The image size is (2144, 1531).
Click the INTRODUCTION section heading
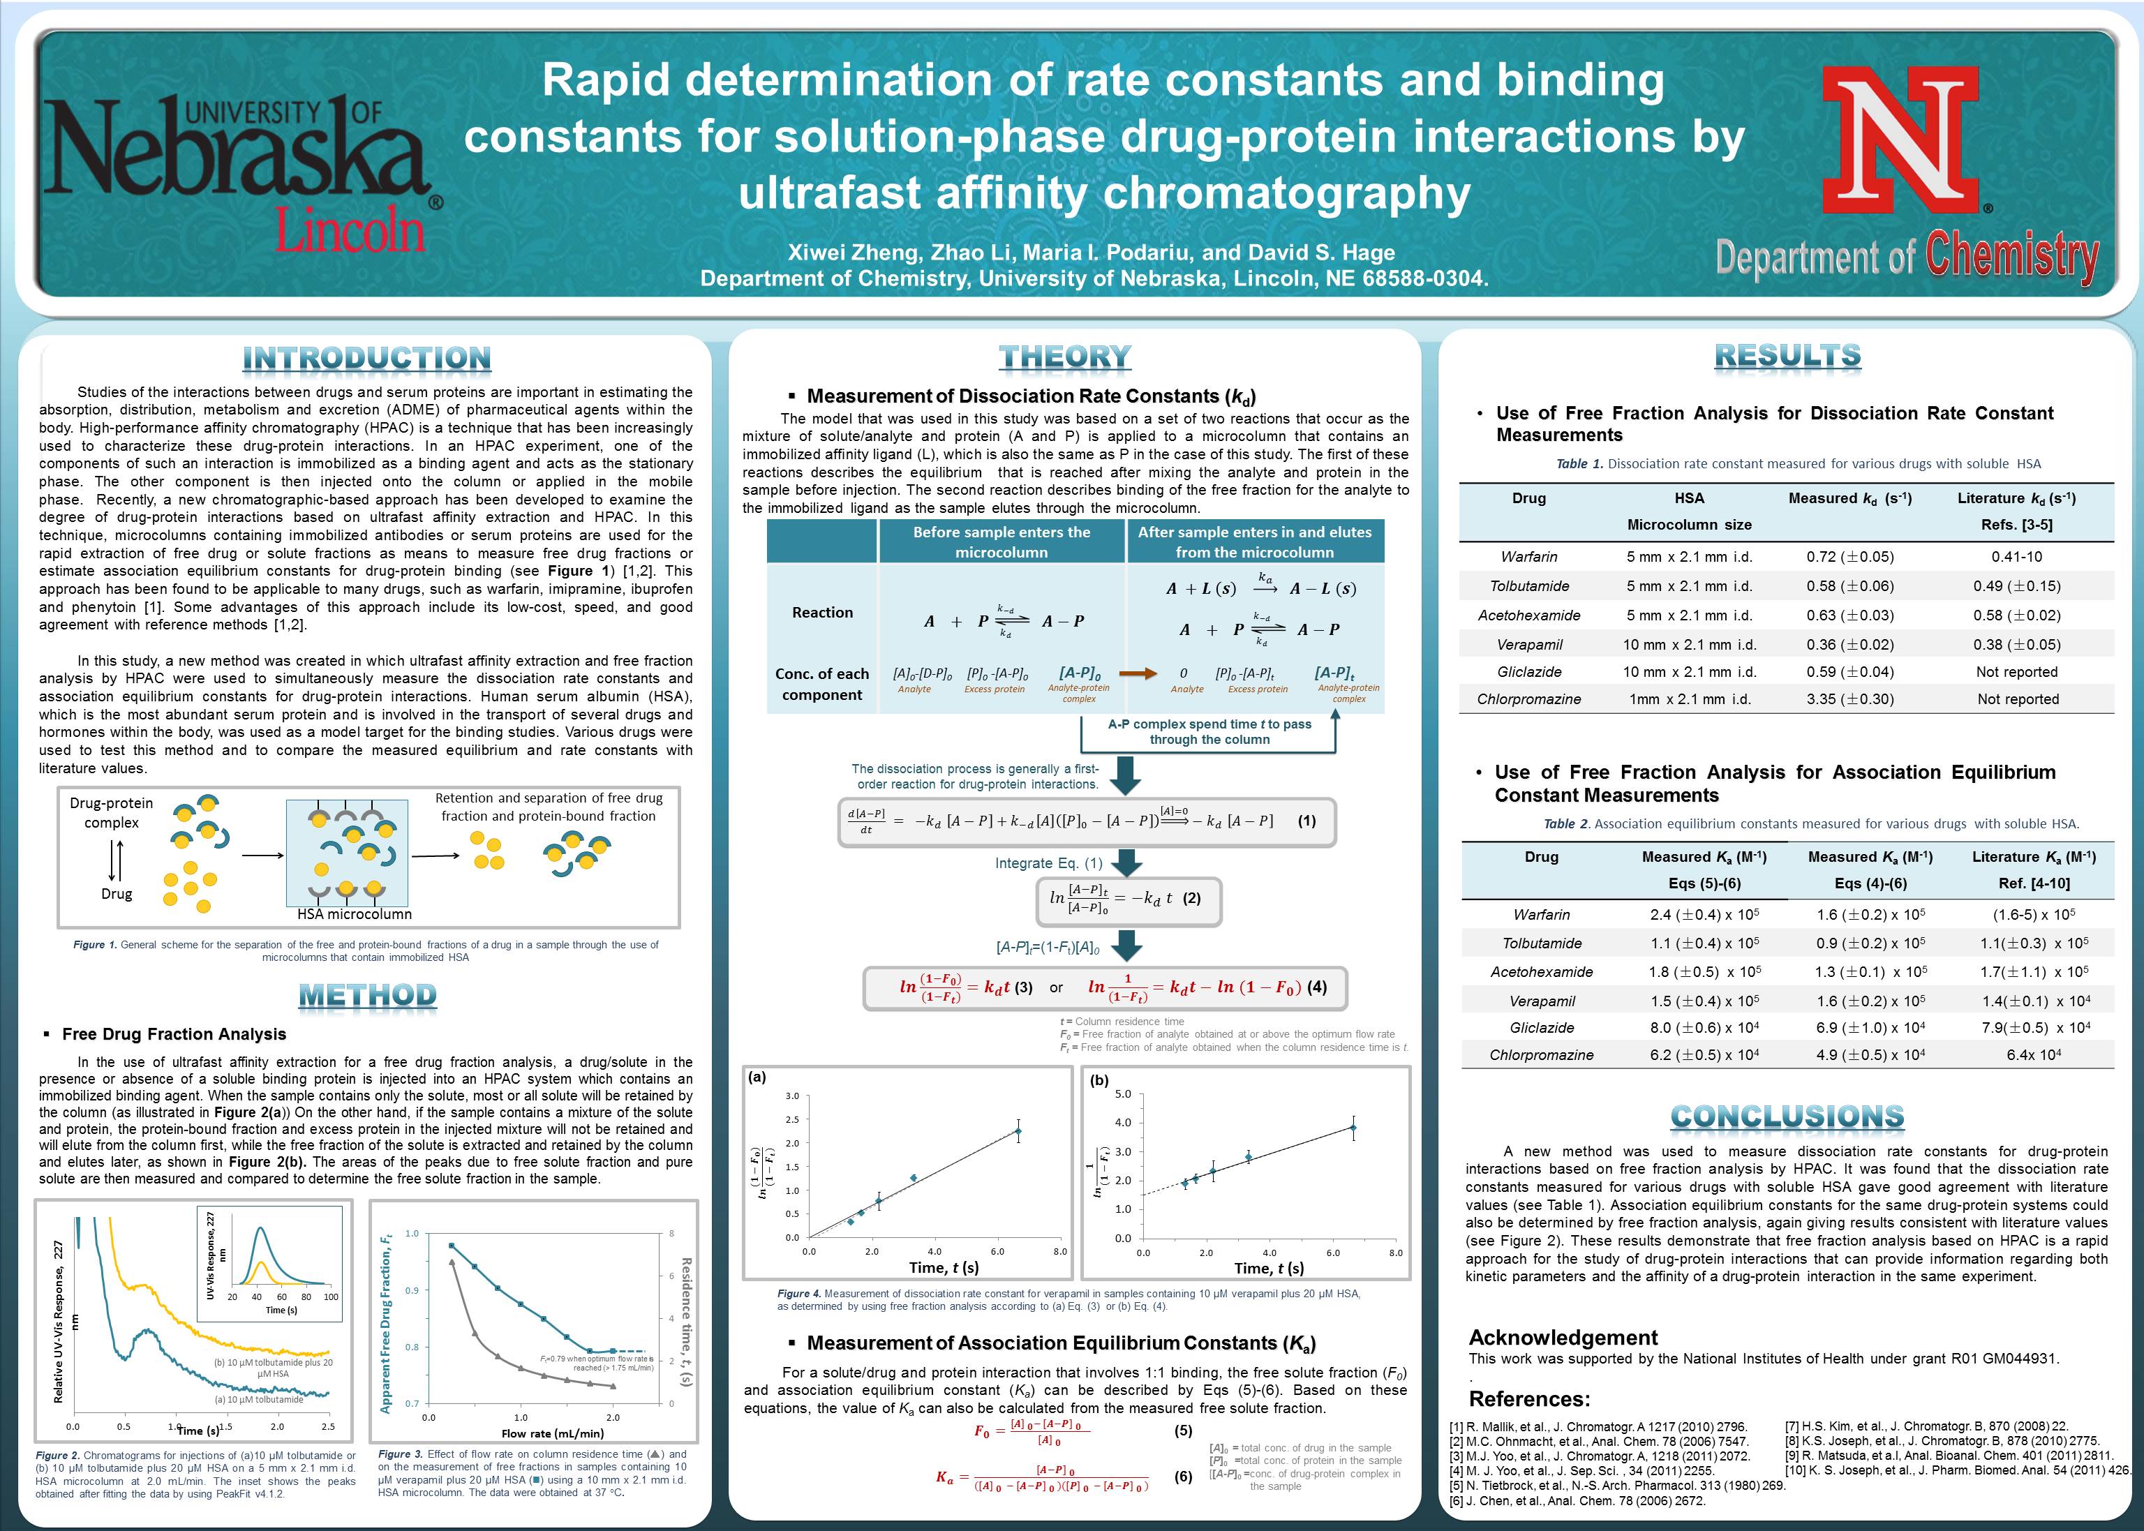coord(367,358)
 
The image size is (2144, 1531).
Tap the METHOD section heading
coord(367,996)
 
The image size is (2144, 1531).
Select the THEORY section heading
coord(1064,357)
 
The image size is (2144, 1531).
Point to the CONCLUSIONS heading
coord(1787,1117)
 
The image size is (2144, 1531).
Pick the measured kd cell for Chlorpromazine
coord(1849,699)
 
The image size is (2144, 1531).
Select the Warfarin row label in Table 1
coord(1528,556)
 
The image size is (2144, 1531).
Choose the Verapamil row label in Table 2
coord(1542,1000)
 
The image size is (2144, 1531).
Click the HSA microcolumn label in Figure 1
coord(355,913)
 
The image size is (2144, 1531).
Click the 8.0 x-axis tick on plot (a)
coord(1059,1251)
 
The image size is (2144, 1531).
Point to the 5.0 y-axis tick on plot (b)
coord(1123,1093)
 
